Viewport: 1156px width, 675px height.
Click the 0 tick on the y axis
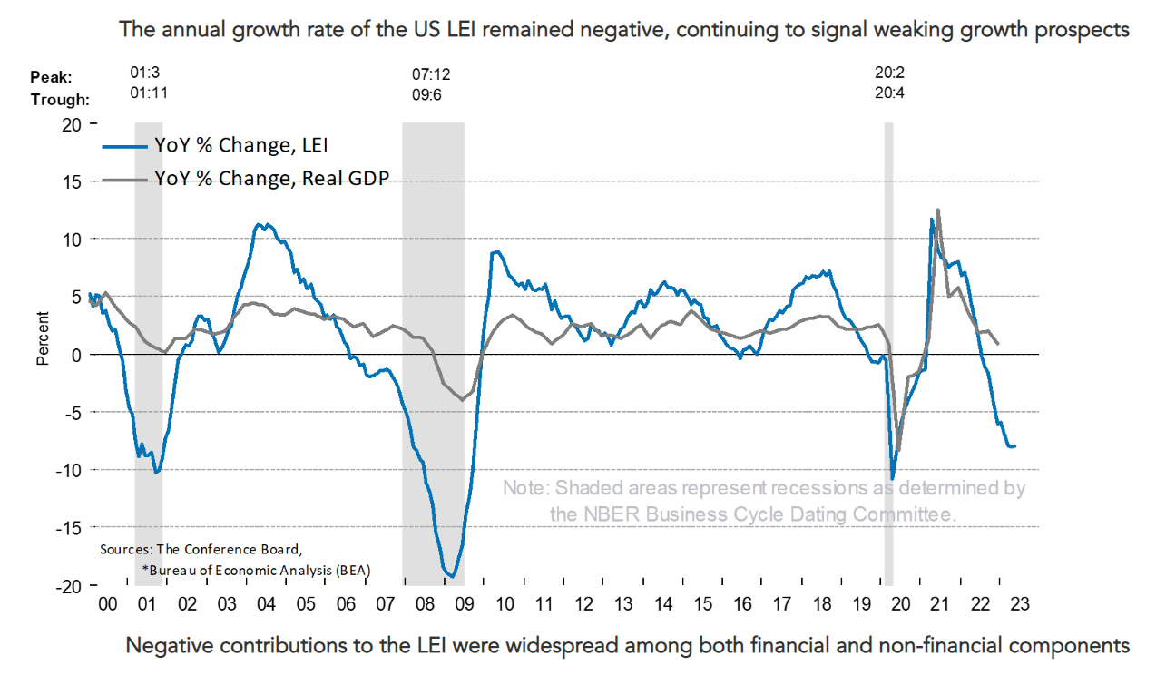click(76, 355)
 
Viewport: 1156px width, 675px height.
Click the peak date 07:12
click(432, 73)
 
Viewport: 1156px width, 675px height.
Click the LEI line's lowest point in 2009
click(451, 575)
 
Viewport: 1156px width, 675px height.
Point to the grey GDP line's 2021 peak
click(937, 210)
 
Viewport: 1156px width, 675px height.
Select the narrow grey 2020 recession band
click(888, 354)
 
